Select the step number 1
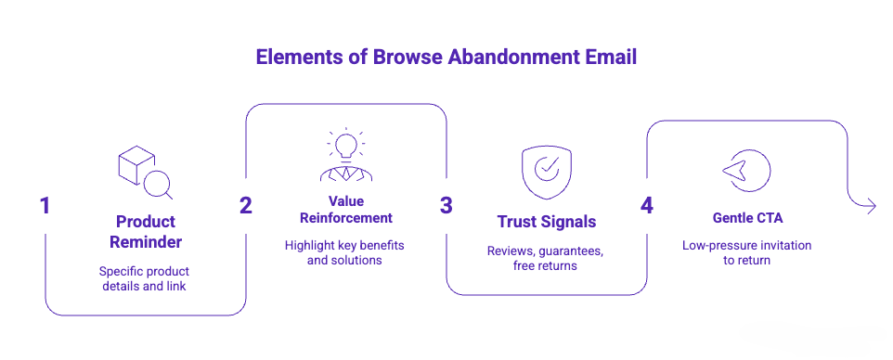pyautogui.click(x=45, y=206)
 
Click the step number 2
pyautogui.click(x=245, y=206)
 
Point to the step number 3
pyautogui.click(x=446, y=206)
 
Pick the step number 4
pyautogui.click(x=646, y=205)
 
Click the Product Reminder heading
pyautogui.click(x=146, y=232)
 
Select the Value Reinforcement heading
pyautogui.click(x=345, y=210)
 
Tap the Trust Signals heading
pyautogui.click(x=546, y=222)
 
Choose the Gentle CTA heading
pyautogui.click(x=746, y=217)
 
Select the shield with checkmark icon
pyautogui.click(x=546, y=171)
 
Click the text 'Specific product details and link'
pyautogui.click(x=146, y=278)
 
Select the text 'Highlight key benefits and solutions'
pyautogui.click(x=345, y=253)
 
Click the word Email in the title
pyautogui.click(x=611, y=58)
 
